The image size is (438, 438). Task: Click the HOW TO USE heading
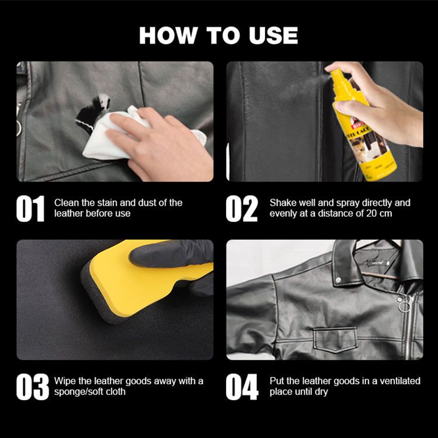(218, 36)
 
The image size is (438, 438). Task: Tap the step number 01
(30, 208)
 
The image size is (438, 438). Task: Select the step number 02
(242, 208)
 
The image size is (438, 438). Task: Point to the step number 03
(32, 387)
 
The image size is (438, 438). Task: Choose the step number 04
(242, 387)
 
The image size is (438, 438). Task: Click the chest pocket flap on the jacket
(335, 339)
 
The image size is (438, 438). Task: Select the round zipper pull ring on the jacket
(405, 307)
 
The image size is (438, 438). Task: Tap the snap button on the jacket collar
(339, 280)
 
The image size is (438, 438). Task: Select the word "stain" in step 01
(107, 203)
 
